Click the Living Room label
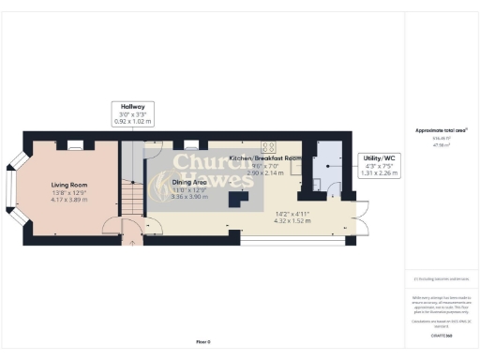(x=70, y=186)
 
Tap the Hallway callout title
(x=125, y=107)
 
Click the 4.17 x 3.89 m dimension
(x=70, y=200)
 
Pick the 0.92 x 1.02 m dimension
(x=125, y=122)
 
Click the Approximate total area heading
(x=441, y=130)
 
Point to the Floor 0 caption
(x=203, y=341)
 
